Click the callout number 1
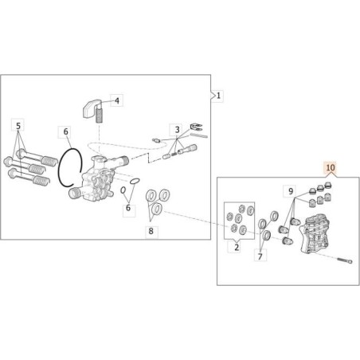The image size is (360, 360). (x=219, y=96)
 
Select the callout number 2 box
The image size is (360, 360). (x=236, y=248)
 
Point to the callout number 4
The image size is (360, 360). (x=116, y=101)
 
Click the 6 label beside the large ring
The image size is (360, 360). (x=67, y=131)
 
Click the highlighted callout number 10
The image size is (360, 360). (x=331, y=169)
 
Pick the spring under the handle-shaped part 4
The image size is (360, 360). (x=101, y=116)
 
